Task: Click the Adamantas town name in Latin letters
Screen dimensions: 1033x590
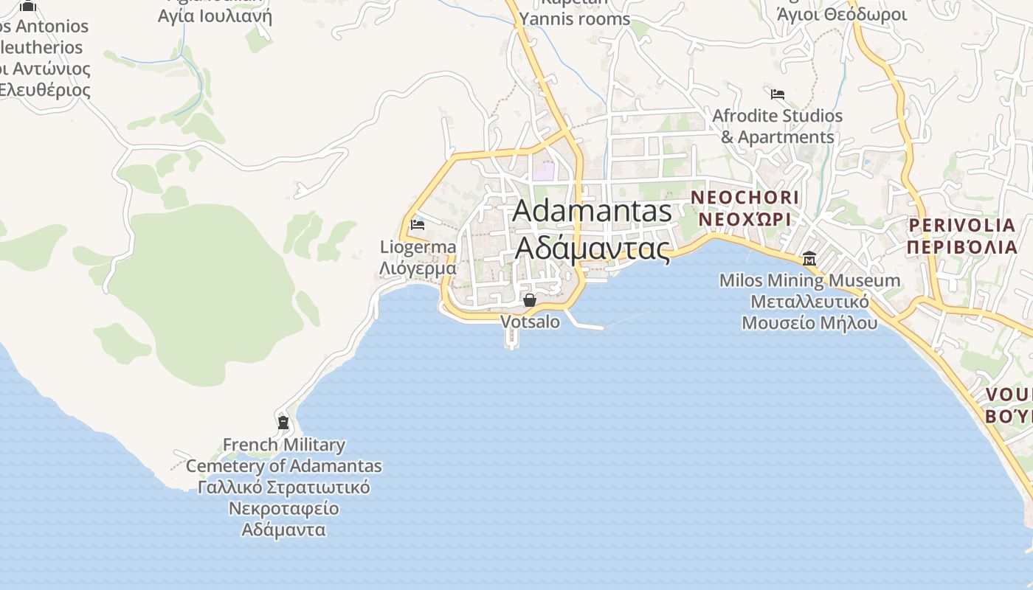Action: point(592,211)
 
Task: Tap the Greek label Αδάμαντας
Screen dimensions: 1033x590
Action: point(592,248)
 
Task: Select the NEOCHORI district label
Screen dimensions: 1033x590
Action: point(744,198)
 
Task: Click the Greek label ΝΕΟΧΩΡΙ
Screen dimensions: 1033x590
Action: point(744,220)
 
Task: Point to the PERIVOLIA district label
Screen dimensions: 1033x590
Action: point(962,225)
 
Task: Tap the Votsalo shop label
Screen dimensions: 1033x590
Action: point(530,322)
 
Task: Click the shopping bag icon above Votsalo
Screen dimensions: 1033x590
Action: point(529,299)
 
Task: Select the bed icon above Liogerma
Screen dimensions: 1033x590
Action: point(418,224)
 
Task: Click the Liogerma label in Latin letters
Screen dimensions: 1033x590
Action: point(418,247)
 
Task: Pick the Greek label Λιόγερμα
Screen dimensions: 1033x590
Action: point(418,268)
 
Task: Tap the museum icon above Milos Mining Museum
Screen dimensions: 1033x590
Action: point(809,259)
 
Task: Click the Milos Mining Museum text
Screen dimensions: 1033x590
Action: point(809,280)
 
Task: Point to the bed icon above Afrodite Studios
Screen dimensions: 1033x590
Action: point(777,94)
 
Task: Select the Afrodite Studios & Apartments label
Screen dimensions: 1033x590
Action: point(777,126)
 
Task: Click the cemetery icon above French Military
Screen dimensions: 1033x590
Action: point(283,423)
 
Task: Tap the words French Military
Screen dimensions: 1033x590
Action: point(284,445)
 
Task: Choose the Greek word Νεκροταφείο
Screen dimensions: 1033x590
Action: point(284,509)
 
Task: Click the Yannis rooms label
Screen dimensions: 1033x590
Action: point(575,19)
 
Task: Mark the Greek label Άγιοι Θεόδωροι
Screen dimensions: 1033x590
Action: point(841,14)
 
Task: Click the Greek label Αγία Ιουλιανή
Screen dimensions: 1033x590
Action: point(215,15)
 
